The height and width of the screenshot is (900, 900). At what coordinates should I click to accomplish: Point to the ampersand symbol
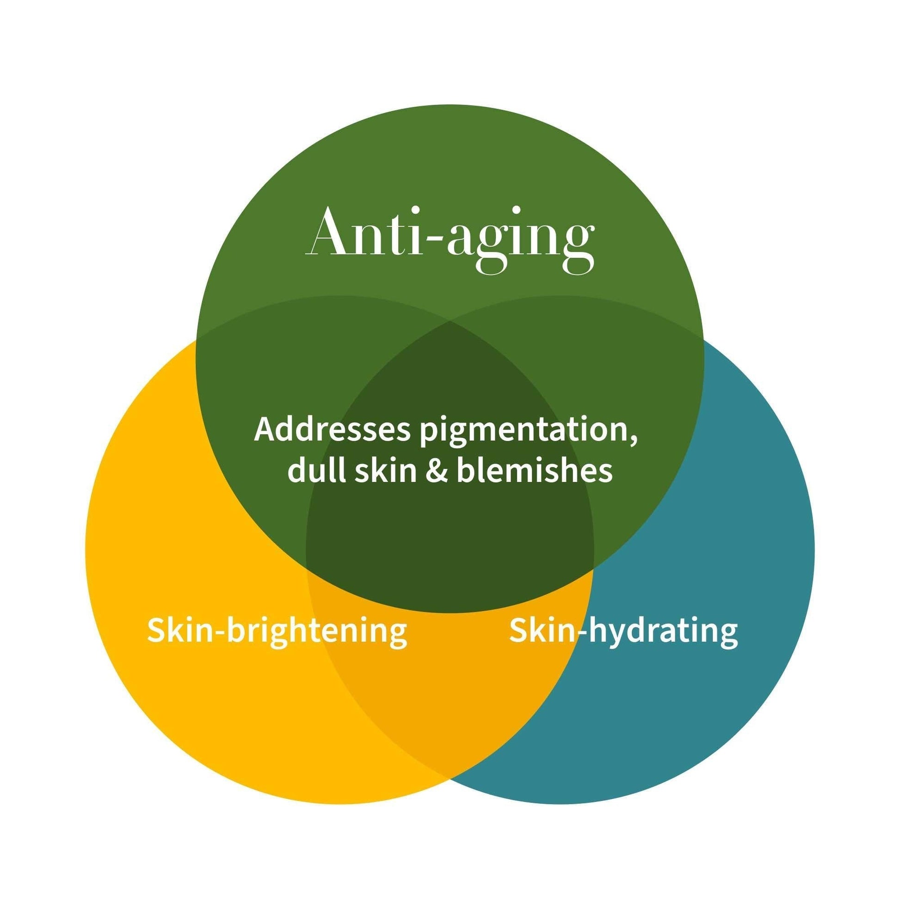(437, 470)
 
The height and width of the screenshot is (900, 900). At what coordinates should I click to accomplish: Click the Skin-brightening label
(277, 631)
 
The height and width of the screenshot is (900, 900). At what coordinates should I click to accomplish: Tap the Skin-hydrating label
(623, 631)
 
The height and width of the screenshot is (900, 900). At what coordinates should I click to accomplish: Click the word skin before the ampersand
(385, 470)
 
